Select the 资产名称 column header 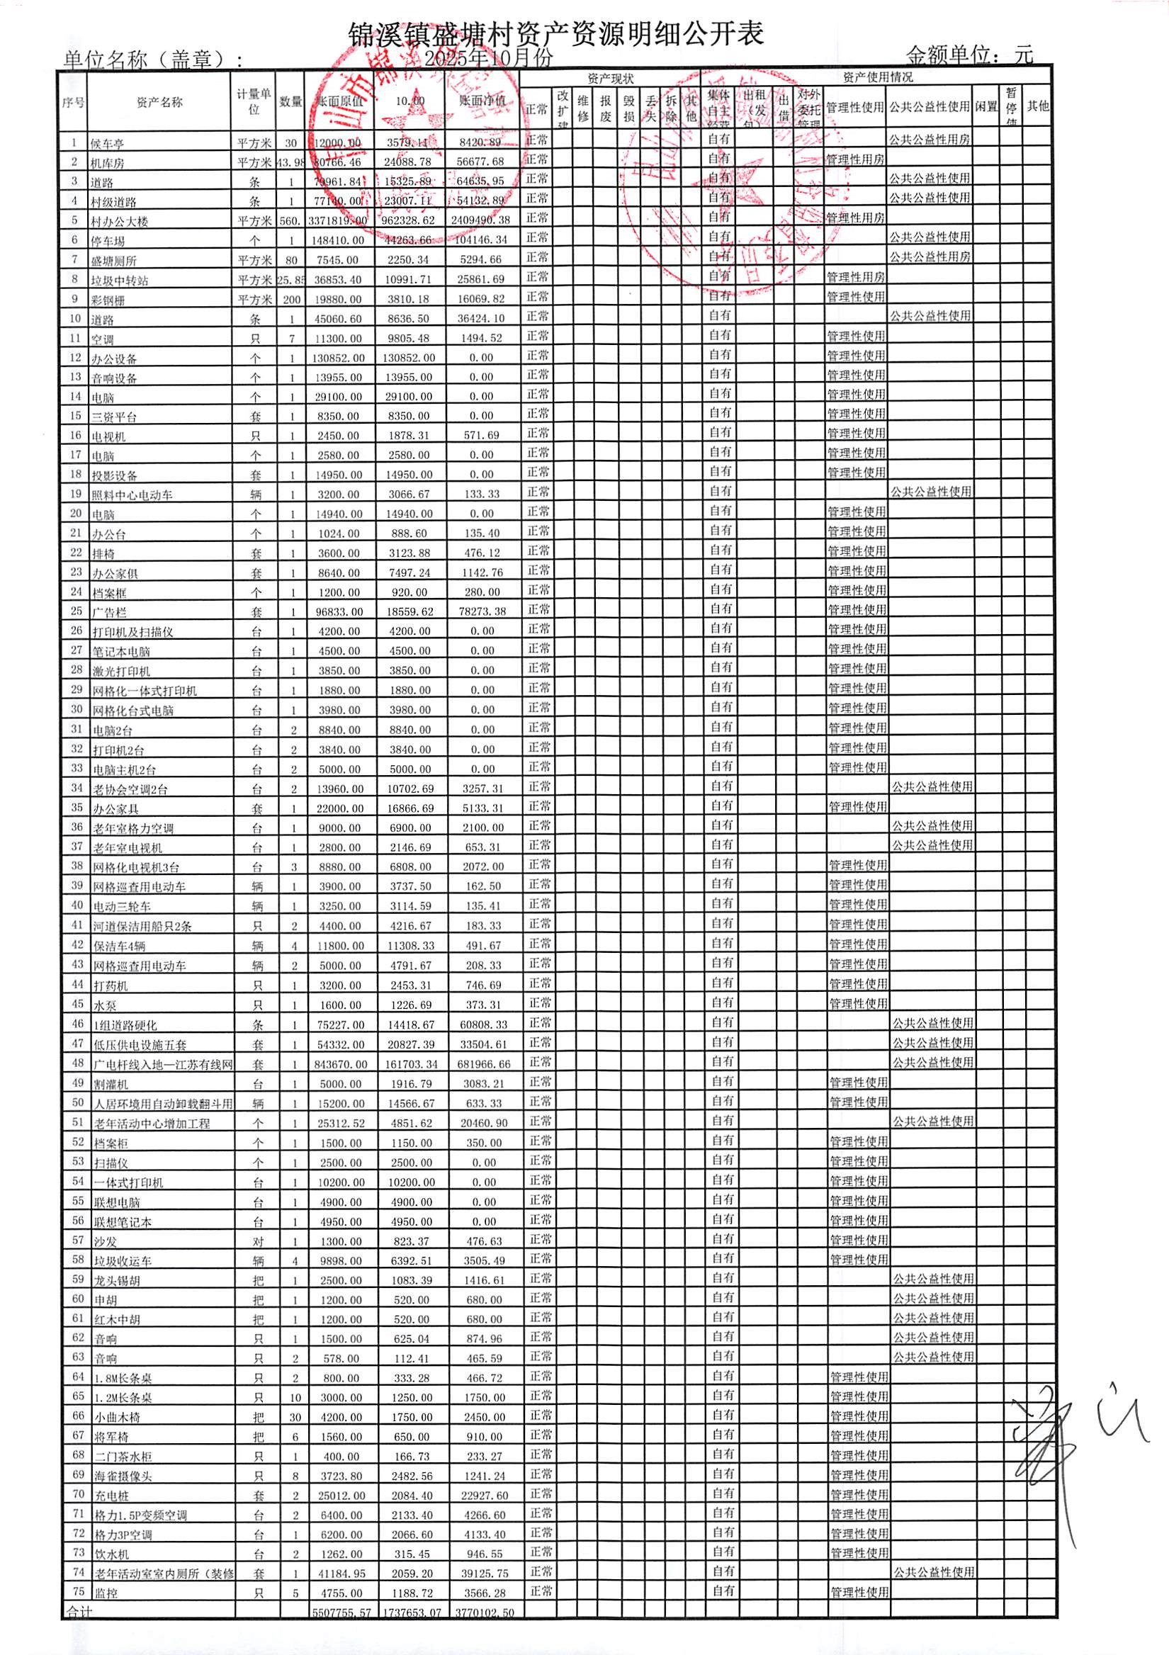click(159, 103)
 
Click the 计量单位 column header click(254, 102)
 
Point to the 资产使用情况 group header click(877, 77)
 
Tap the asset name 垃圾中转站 click(120, 281)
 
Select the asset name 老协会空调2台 click(130, 789)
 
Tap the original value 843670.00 click(340, 1065)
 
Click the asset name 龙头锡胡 click(117, 1281)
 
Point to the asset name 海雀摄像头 click(123, 1476)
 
